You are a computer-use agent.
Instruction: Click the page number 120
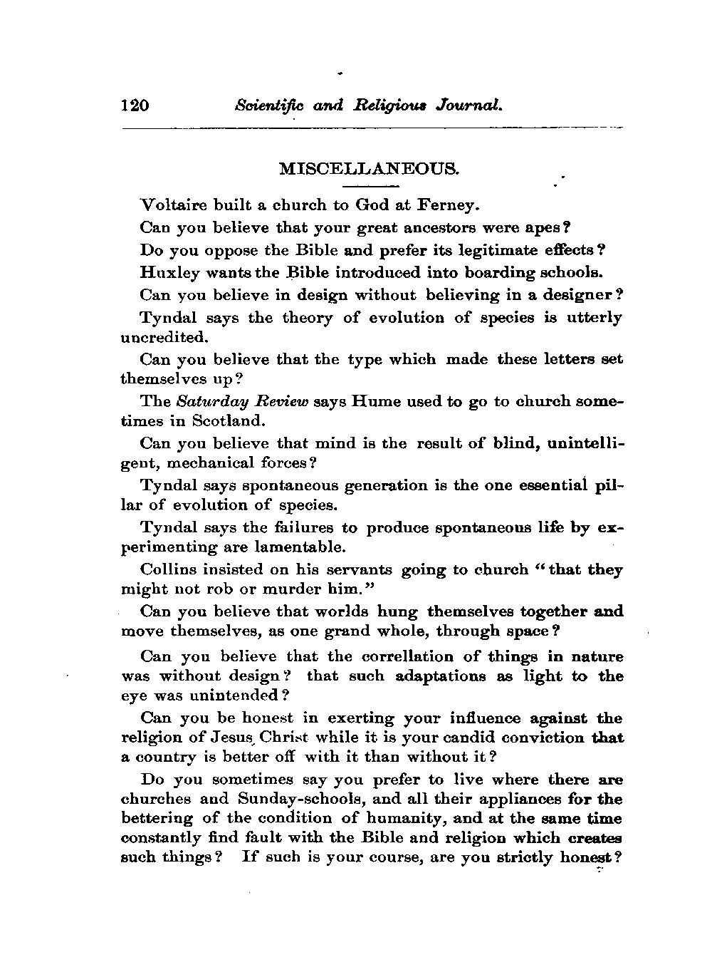point(135,106)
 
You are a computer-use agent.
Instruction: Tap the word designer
point(587,295)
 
